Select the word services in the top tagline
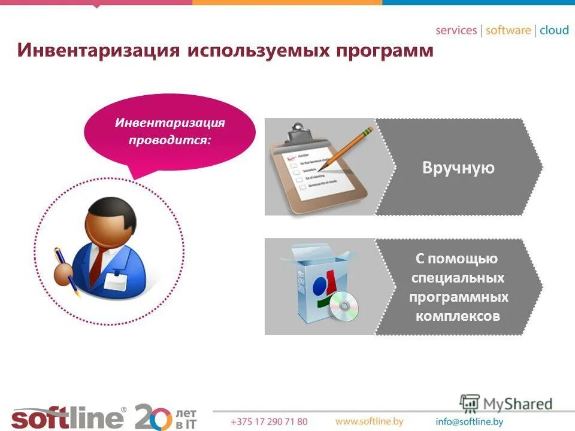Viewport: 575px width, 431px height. point(456,31)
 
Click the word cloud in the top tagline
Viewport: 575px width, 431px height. point(554,31)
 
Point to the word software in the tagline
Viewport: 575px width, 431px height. point(509,31)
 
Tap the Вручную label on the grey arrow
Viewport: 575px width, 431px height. point(458,168)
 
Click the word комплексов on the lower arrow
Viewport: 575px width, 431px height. point(458,316)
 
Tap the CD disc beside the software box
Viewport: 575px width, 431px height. point(343,306)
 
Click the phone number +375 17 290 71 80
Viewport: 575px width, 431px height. point(269,422)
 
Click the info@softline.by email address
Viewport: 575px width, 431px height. point(470,422)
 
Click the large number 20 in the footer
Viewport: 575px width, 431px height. point(153,416)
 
